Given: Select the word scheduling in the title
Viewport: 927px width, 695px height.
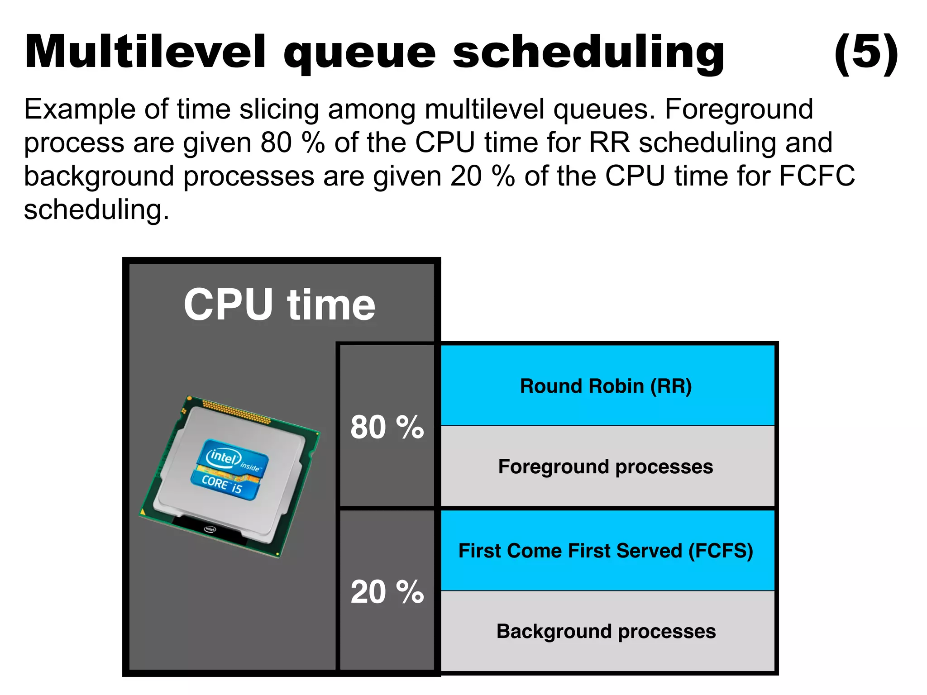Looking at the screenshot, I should point(588,53).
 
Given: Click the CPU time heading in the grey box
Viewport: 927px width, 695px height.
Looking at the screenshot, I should point(279,305).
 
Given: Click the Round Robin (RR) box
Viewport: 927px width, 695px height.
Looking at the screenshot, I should point(607,386).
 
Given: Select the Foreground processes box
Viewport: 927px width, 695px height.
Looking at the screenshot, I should point(607,467).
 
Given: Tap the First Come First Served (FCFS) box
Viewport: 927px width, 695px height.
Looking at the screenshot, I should point(607,551).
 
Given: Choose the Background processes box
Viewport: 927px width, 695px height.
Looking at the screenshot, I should point(607,631).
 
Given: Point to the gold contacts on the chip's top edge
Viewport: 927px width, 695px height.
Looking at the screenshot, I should point(235,411).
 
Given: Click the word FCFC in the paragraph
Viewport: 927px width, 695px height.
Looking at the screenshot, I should point(817,176).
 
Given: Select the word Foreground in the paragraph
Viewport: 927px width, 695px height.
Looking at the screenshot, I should point(739,109).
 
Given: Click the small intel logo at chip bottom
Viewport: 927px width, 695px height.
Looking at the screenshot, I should point(210,529).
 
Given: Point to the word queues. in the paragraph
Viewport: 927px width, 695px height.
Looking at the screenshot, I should point(604,110).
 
